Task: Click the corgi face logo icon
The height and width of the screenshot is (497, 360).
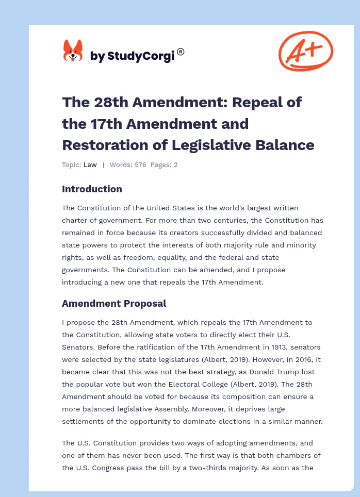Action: click(73, 51)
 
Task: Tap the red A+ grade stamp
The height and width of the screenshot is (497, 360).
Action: click(305, 51)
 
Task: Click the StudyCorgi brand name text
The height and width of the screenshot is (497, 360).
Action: click(132, 56)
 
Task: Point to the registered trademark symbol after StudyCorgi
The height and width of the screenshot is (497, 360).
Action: click(181, 52)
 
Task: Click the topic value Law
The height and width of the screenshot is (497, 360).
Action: click(90, 164)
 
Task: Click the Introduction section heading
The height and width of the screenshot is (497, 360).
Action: click(92, 189)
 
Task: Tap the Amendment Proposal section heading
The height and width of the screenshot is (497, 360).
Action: click(114, 303)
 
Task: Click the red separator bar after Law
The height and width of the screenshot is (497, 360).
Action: click(103, 164)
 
